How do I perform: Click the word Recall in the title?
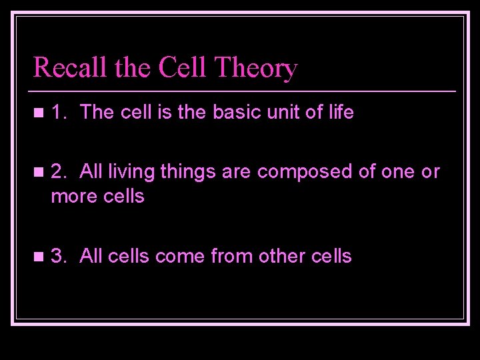click(65, 68)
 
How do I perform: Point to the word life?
click(340, 113)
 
